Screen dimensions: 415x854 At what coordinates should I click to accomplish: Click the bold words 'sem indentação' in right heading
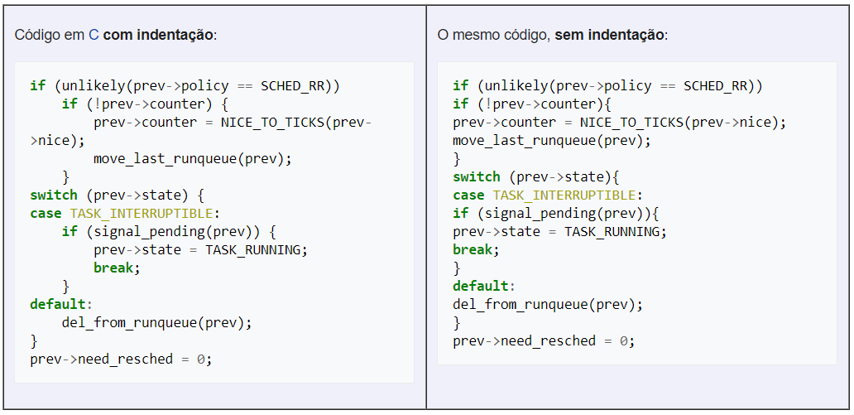(x=611, y=36)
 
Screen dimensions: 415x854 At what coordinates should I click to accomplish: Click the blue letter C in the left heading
(x=94, y=36)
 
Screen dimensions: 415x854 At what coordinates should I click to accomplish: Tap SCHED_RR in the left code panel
(x=295, y=86)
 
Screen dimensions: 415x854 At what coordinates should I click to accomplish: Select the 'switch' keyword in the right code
(x=477, y=177)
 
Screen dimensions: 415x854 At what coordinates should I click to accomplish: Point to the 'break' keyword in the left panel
(x=115, y=268)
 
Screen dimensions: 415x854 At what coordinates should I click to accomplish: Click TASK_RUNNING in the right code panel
(x=614, y=232)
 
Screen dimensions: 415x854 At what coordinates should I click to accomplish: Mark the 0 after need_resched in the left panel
(x=200, y=360)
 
